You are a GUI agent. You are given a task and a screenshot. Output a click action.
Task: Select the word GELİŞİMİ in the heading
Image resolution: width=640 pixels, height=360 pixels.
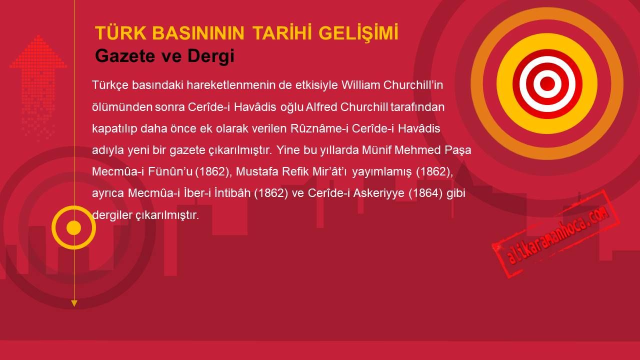coord(358,33)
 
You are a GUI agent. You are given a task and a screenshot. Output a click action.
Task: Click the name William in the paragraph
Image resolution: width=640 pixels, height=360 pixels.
coord(360,85)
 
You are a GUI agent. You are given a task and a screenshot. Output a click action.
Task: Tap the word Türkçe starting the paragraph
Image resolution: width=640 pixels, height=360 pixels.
coord(110,85)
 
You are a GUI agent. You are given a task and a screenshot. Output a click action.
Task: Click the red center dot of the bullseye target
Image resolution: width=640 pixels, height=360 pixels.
coord(547,83)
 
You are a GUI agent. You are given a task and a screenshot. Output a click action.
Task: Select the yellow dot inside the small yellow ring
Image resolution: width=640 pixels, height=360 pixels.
coord(73,227)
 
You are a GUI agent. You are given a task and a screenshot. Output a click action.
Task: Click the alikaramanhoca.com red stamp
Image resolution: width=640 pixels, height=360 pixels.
coord(555,233)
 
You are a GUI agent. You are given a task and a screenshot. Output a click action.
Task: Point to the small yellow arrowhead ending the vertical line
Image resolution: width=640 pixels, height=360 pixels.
coord(74,303)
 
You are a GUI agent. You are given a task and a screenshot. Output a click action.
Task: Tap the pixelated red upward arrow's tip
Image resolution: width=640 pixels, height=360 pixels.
coord(38,36)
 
